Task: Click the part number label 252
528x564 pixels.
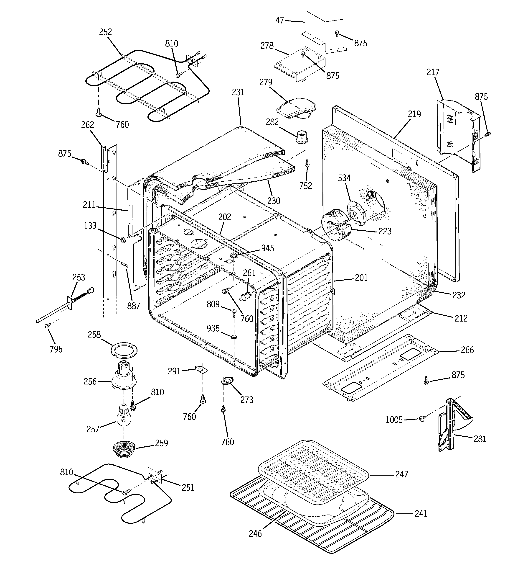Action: [x=105, y=32]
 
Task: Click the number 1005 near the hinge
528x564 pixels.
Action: [x=394, y=419]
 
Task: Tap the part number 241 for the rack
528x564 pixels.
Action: [x=421, y=513]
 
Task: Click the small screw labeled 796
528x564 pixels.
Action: [x=47, y=326]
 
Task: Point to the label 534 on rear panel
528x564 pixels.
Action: [x=344, y=178]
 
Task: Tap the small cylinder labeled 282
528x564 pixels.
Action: [x=302, y=137]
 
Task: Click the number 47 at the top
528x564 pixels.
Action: [x=280, y=21]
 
